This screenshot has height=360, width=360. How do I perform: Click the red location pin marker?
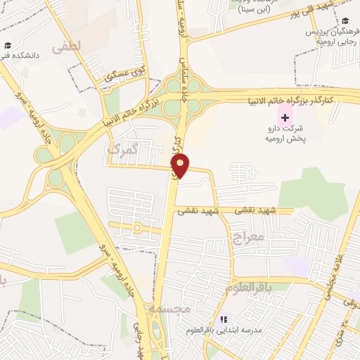[x=181, y=166]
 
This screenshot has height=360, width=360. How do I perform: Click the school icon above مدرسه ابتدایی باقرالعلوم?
[x=224, y=319]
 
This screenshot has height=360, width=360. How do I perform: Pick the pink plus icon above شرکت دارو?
[x=285, y=116]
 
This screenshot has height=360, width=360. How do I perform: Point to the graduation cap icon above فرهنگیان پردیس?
[x=345, y=21]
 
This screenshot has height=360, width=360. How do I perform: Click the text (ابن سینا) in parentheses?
[x=254, y=10]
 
